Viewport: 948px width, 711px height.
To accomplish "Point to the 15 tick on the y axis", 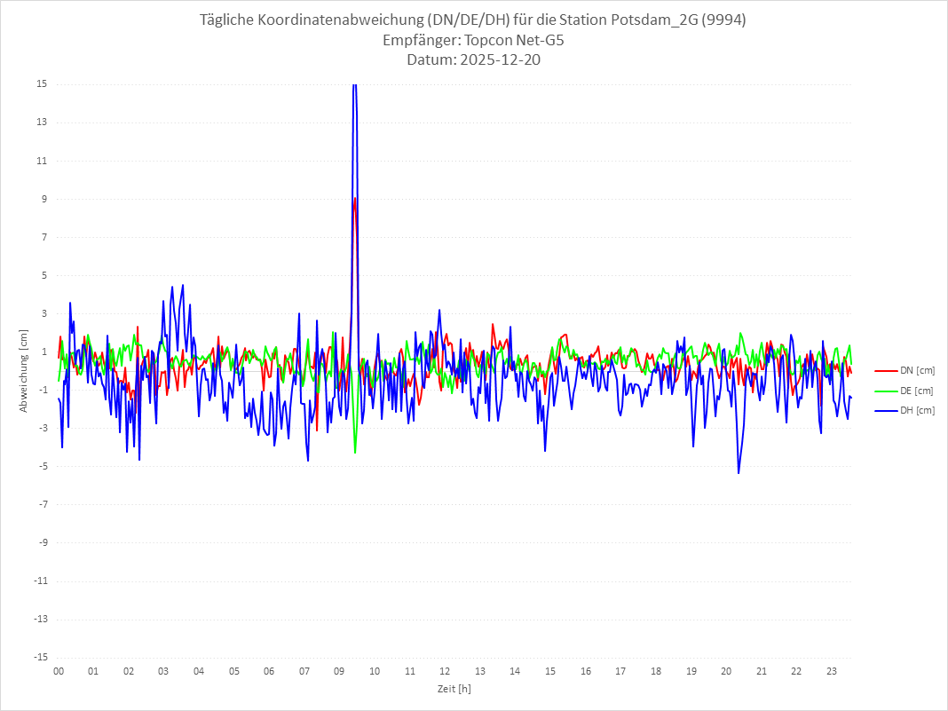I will click(42, 84).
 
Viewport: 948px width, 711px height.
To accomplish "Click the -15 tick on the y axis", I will click(40, 657).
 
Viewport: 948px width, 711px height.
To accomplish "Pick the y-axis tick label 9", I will click(43, 199).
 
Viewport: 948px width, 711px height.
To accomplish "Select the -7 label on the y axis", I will click(42, 504).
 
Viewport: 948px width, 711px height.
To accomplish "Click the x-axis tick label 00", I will click(59, 671).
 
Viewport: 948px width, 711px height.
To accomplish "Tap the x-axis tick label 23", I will click(832, 671).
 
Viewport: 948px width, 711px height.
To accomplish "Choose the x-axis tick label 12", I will click(445, 671).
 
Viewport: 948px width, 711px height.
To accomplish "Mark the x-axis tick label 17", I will click(620, 671).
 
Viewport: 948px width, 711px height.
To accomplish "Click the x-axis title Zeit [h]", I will click(454, 688).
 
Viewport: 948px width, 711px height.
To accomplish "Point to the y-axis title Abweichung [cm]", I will click(24, 370).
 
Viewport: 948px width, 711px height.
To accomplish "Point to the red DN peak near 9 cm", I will click(355, 199).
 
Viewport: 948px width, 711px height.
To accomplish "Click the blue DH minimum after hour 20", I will click(739, 472).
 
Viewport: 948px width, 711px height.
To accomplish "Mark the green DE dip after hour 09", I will click(355, 453).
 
